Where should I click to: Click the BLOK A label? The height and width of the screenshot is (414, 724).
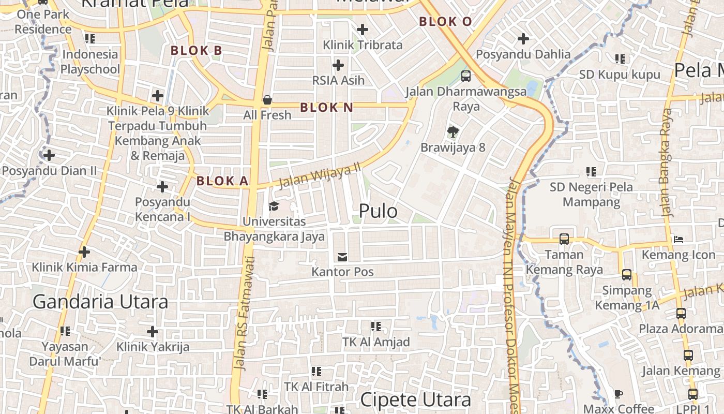coord(222,181)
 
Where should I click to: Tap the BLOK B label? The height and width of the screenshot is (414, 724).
coord(196,50)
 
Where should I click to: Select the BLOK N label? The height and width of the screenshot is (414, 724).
coord(326,108)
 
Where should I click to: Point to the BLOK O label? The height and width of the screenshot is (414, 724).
coord(445,22)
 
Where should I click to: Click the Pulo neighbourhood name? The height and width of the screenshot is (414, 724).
coord(378,211)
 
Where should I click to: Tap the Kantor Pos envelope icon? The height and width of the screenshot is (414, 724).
coord(342,257)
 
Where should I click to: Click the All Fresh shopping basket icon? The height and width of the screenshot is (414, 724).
coord(267,100)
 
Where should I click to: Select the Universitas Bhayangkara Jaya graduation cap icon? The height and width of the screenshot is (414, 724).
coord(274,206)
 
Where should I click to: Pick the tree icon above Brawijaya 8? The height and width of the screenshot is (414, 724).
coord(453,131)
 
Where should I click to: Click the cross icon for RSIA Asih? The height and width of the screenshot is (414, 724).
coord(338,65)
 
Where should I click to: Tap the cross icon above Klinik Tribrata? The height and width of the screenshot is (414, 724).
coord(363,29)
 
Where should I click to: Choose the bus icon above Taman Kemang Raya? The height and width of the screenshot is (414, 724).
coord(564,239)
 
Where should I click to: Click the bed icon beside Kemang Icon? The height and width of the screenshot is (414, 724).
coord(678,239)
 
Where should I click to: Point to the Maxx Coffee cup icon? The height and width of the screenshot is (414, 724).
coord(619,394)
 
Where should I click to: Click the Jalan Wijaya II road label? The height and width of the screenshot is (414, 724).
coord(319,176)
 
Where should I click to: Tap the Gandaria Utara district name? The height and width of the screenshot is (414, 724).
coord(100,302)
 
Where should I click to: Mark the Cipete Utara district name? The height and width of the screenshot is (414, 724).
coord(415,400)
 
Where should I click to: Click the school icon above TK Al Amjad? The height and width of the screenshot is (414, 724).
coord(376,327)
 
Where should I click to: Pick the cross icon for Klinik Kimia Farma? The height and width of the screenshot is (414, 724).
coord(84,252)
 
